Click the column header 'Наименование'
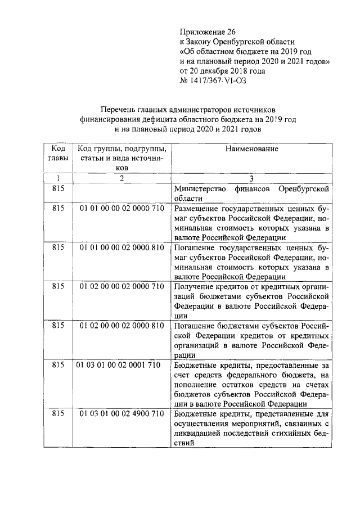251,149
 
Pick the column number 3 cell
251,178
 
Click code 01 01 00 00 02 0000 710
121,208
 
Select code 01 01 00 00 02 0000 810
121,247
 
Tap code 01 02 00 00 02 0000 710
121,286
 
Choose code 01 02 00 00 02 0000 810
121,326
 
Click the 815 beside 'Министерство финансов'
58,188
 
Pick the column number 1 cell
58,178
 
